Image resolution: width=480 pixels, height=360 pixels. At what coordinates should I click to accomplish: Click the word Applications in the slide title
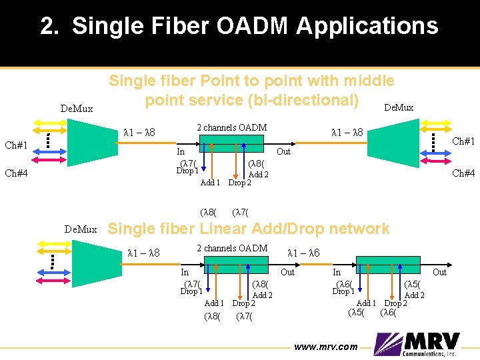[367, 27]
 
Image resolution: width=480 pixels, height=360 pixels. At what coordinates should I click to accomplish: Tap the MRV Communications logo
[417, 344]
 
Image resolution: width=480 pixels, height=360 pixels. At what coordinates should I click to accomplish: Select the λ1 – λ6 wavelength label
[303, 253]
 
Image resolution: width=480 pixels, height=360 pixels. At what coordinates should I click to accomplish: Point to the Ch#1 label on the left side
[16, 145]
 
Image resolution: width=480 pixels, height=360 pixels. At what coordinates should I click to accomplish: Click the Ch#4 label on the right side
[464, 173]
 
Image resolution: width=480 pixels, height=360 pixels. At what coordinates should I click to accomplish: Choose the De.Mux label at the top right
[399, 107]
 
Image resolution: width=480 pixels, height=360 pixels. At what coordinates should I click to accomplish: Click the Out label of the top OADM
[284, 151]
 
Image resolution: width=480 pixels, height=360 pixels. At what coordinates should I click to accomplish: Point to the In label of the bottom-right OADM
[337, 272]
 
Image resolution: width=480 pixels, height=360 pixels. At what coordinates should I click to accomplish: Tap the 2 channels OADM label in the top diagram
[231, 127]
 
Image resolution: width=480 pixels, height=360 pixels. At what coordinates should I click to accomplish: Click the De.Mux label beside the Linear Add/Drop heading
[81, 229]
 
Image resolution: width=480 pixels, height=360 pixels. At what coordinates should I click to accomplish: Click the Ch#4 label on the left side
[16, 173]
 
